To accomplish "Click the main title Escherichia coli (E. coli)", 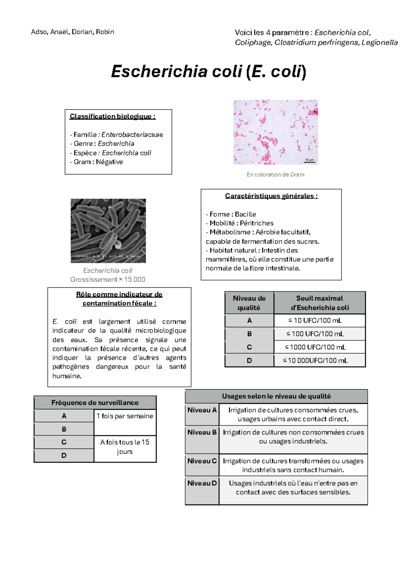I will coord(209,72).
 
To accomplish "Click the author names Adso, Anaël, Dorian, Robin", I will coord(72,32).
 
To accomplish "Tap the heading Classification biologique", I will coord(112,117).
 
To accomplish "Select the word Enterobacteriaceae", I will coord(132,135).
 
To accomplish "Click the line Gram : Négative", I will coord(96,162).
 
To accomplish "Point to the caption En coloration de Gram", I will coord(275,174).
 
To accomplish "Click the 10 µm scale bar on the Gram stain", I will coord(309,161).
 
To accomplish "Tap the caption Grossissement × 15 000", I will coord(108,279).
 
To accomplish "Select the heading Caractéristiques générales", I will coord(271,196).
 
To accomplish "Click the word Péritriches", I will coord(256,223).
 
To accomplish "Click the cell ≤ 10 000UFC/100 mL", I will coord(315,361).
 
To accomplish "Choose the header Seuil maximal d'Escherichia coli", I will coord(319,303).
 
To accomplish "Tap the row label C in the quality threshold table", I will coord(249,347).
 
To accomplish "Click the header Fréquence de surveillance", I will coord(95,402).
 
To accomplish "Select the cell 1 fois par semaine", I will coord(125,416).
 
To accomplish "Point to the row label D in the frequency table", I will coord(64,455).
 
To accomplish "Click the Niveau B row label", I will coord(202,432).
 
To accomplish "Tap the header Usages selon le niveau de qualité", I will coord(276,396).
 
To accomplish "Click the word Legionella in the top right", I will coord(379,43).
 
